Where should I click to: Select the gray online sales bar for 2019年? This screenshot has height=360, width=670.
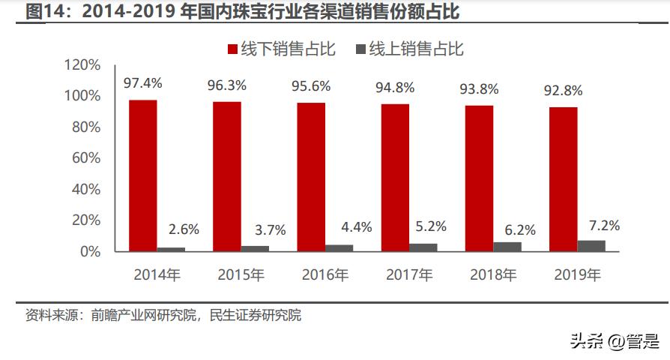(x=591, y=245)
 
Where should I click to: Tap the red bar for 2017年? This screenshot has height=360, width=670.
(x=395, y=177)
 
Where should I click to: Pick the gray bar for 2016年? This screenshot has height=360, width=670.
(x=339, y=247)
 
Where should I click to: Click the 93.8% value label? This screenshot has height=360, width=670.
(x=478, y=88)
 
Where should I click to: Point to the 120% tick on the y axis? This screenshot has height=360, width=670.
(x=82, y=65)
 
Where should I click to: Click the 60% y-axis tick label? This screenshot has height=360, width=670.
(x=85, y=158)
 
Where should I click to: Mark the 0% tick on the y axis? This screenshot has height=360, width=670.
(x=90, y=251)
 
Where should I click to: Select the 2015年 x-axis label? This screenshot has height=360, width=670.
(x=241, y=275)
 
